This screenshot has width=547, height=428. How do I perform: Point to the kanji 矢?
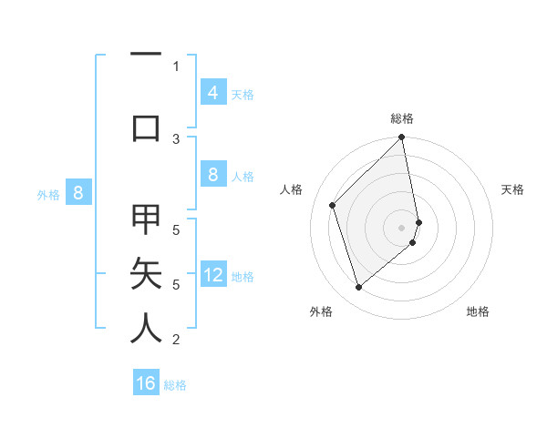pos(146,273)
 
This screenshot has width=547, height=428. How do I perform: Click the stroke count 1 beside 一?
pos(176,66)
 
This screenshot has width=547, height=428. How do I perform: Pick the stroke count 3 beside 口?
pos(176,138)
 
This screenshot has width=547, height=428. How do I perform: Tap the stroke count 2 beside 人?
pos(176,340)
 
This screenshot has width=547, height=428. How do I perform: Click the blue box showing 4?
pos(212,92)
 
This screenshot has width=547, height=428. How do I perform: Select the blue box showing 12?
pos(213,275)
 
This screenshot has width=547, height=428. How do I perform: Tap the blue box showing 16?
pos(146,383)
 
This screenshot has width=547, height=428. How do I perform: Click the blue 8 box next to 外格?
pos(78,192)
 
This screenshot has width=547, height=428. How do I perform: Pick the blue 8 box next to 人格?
pos(212,175)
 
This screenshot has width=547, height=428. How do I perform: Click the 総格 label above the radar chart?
pos(402,118)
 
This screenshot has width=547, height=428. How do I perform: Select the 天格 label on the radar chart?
pos(512,189)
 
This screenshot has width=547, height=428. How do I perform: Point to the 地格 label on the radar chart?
pos(478,311)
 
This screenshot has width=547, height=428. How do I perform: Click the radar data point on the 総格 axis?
pos(402,138)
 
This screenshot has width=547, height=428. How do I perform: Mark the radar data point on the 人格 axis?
pos(333,205)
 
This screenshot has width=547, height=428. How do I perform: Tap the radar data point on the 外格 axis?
pos(359,287)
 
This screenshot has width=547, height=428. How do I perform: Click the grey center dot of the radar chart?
pos(402,227)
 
